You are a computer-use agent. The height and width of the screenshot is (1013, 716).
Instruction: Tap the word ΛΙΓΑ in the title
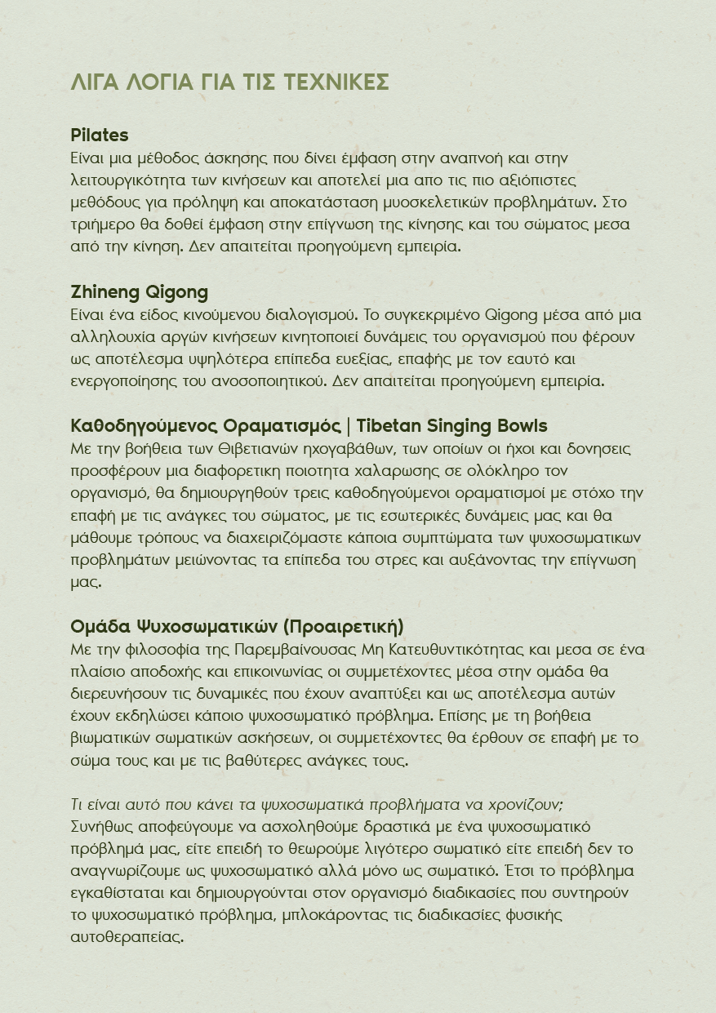[95, 82]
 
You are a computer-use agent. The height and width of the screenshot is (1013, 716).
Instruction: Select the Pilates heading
[100, 135]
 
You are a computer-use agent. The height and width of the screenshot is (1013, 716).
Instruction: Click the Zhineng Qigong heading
[140, 292]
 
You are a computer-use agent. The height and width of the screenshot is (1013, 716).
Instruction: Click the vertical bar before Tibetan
[349, 426]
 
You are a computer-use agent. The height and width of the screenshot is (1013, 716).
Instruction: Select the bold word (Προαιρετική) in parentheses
[344, 627]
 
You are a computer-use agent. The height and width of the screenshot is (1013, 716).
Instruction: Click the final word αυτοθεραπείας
[127, 937]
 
